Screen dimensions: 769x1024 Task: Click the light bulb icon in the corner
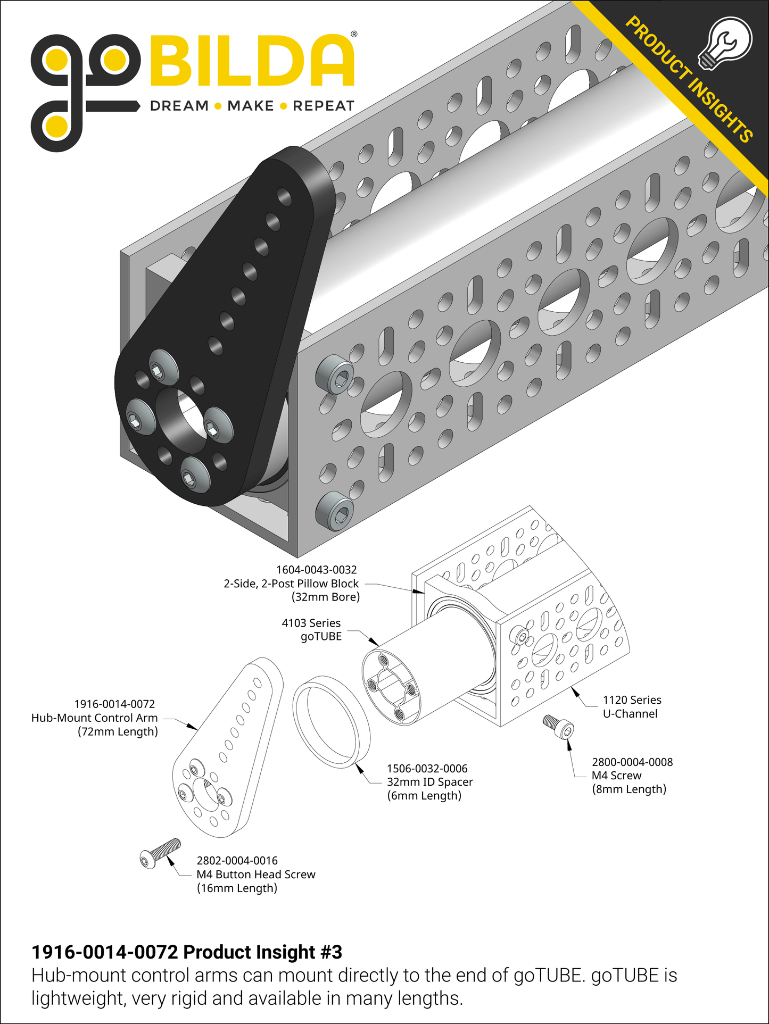click(x=725, y=43)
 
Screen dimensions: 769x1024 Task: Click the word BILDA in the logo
click(x=252, y=61)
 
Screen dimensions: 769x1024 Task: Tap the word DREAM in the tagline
click(x=179, y=106)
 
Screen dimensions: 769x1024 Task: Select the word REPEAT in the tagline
click(x=324, y=106)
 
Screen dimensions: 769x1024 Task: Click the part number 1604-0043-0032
click(x=316, y=570)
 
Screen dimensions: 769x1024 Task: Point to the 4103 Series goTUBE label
click(x=312, y=630)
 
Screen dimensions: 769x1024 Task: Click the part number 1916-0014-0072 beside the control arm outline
click(x=114, y=704)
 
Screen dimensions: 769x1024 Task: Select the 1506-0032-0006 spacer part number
click(x=427, y=769)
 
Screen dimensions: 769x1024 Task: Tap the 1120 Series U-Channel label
click(x=632, y=707)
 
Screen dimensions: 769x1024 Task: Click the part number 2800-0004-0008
click(x=632, y=762)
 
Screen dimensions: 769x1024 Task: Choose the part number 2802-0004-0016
click(x=237, y=861)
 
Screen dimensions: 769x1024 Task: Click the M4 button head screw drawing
click(x=160, y=853)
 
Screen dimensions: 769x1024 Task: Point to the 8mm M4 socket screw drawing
click(x=559, y=727)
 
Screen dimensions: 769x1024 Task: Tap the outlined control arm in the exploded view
click(x=227, y=744)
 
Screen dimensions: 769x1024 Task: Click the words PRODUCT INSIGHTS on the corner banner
click(x=690, y=80)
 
